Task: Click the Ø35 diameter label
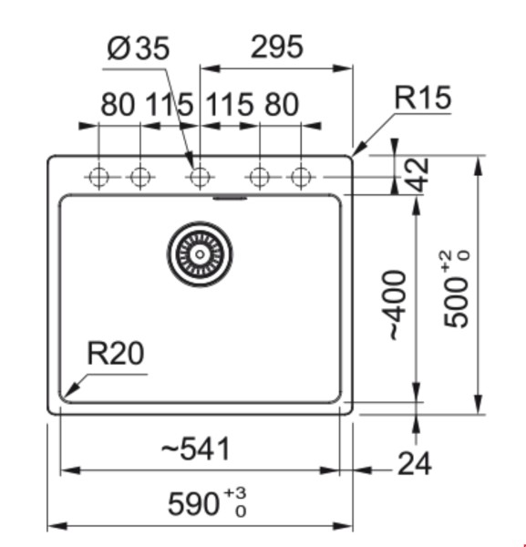coord(138,49)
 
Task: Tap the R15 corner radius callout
coord(423,98)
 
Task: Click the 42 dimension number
coord(417,173)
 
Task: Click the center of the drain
coord(199,252)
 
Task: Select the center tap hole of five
coord(199,177)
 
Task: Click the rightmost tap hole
coord(300,177)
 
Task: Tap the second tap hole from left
coord(139,177)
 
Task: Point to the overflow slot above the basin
coord(230,195)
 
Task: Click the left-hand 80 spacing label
coord(118,105)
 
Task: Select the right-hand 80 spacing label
coord(281,105)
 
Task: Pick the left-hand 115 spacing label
coord(169,105)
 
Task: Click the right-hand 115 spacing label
coord(230,105)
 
